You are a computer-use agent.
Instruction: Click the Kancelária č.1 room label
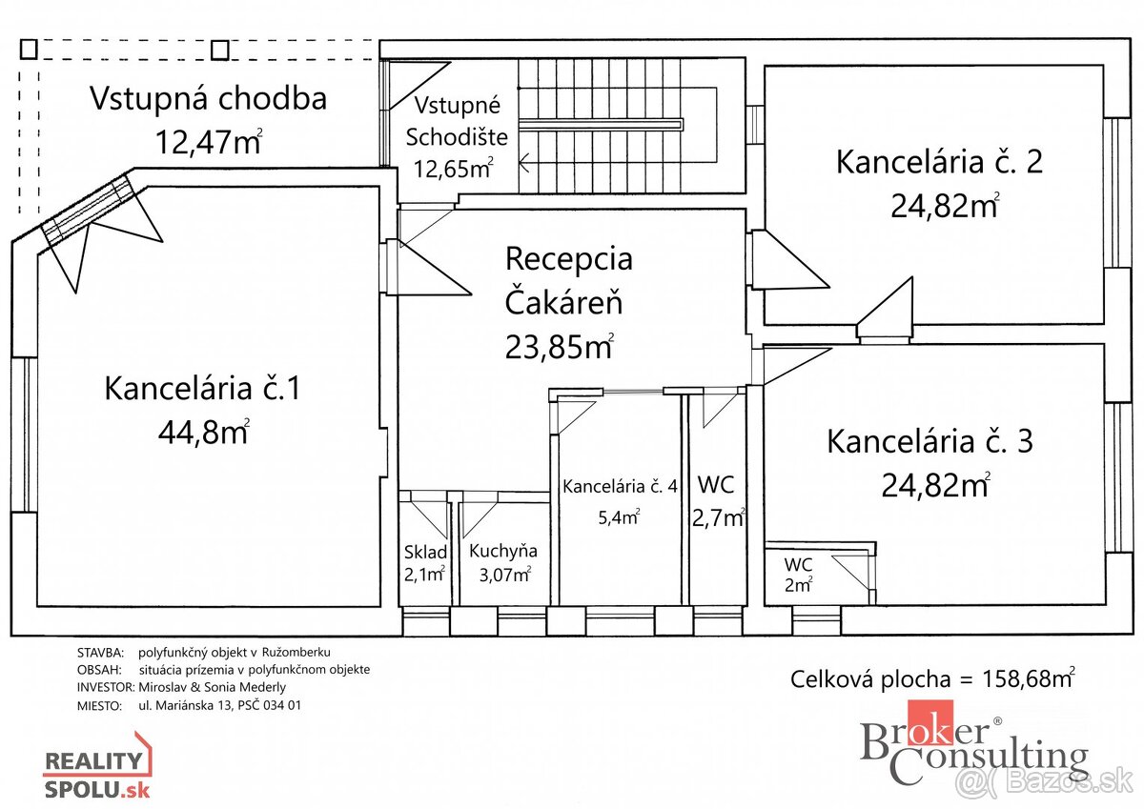(x=202, y=389)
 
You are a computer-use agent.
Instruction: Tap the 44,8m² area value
(x=204, y=433)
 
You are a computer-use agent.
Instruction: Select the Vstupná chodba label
(x=208, y=98)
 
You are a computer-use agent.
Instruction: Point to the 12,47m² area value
(x=208, y=142)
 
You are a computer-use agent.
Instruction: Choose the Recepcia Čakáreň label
(x=568, y=280)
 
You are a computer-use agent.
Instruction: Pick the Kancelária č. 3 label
(x=929, y=442)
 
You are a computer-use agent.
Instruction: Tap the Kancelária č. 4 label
(x=620, y=486)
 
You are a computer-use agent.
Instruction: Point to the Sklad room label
(x=424, y=551)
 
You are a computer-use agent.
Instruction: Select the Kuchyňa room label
(x=502, y=551)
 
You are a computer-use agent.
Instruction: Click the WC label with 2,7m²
(x=715, y=485)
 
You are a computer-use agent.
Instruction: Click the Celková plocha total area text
(x=932, y=678)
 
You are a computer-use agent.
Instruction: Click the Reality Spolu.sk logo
(x=97, y=766)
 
